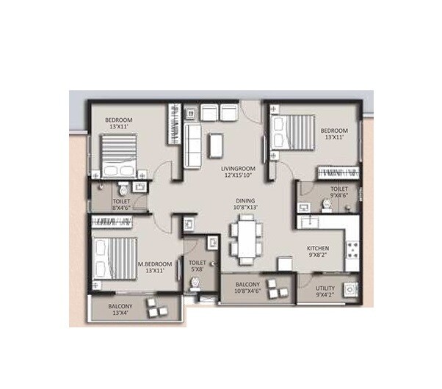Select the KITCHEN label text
coord(318,249)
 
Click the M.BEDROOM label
coord(157,263)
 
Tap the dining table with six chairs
coord(244,240)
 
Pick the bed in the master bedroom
coord(113,257)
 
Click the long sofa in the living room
coord(192,145)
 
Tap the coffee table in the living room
coord(215,145)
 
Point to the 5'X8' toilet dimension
coord(198,269)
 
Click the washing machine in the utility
coord(350,290)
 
